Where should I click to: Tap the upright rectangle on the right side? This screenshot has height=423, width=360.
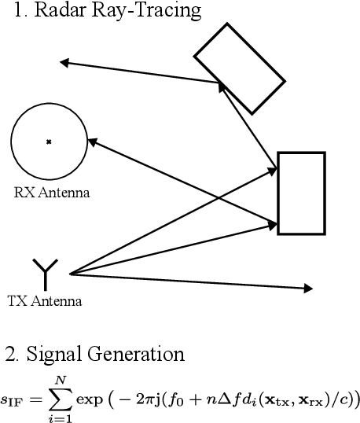[x=301, y=193]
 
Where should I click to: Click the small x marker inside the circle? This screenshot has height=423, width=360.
[x=49, y=142]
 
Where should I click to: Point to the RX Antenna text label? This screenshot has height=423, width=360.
[x=52, y=193]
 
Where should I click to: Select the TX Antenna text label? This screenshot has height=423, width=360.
[x=44, y=301]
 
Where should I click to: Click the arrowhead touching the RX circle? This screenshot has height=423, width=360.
[x=92, y=142]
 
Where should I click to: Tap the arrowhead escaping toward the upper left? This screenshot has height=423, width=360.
[x=65, y=62]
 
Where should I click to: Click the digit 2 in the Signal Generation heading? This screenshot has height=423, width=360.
[x=9, y=355]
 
